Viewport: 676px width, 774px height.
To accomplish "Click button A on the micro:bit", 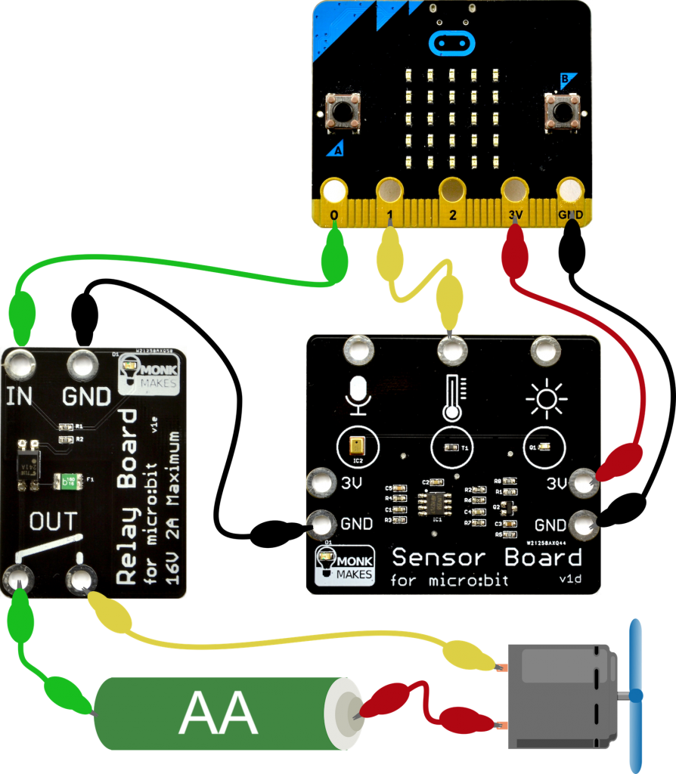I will click(343, 112).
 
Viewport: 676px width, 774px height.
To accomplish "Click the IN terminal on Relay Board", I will click(20, 367).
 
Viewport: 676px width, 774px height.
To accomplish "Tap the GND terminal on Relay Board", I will click(82, 367).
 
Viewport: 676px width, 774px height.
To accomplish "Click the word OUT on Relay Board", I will click(53, 521).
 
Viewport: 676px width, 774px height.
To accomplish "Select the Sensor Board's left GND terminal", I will click(320, 522).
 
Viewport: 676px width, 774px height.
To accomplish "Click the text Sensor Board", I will click(486, 558).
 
